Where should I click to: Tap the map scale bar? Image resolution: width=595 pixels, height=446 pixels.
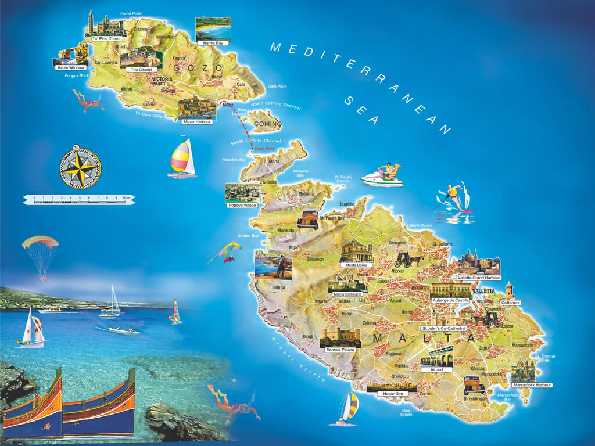click(x=80, y=199)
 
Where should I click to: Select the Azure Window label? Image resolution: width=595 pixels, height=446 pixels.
click(x=70, y=67)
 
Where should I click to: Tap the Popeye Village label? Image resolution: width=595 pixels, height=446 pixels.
click(x=242, y=205)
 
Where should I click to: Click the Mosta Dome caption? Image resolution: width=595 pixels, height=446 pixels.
click(x=357, y=265)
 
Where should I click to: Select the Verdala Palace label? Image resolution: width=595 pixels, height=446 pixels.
click(x=340, y=350)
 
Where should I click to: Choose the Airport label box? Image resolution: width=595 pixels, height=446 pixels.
click(x=436, y=369)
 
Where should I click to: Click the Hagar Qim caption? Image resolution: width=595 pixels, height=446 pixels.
click(x=391, y=394)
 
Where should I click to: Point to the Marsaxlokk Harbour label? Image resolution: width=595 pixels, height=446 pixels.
click(x=532, y=384)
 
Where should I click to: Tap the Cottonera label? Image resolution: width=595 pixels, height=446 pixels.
click(x=510, y=303)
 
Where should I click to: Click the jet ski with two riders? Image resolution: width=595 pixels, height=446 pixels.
click(x=382, y=175)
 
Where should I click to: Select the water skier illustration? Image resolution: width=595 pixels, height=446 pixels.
click(x=455, y=198)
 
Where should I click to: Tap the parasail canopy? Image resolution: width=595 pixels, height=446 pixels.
click(x=40, y=242)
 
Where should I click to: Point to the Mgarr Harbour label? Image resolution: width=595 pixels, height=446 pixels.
click(x=197, y=122)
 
